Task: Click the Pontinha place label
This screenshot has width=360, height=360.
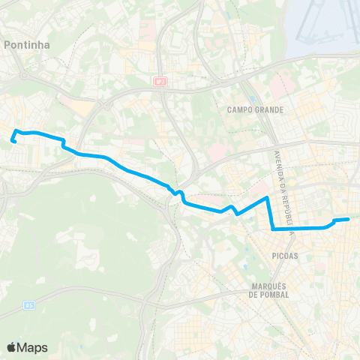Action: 27,45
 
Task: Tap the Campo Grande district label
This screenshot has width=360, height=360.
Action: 255,109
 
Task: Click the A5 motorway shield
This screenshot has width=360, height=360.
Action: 29,304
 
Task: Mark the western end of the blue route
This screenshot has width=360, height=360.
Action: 13,140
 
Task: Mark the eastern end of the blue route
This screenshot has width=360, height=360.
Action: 349,219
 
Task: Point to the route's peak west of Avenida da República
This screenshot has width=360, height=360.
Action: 267,198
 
